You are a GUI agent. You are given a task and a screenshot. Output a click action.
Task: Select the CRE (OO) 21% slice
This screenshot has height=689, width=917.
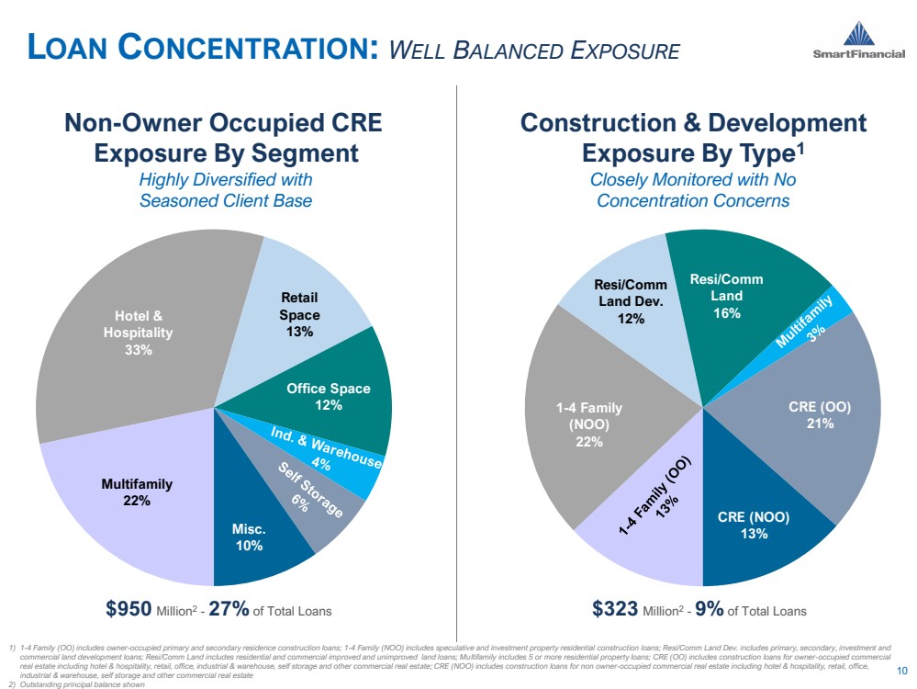tap(808, 413)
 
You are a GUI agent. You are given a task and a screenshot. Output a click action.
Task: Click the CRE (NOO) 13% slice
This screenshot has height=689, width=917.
tap(753, 524)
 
